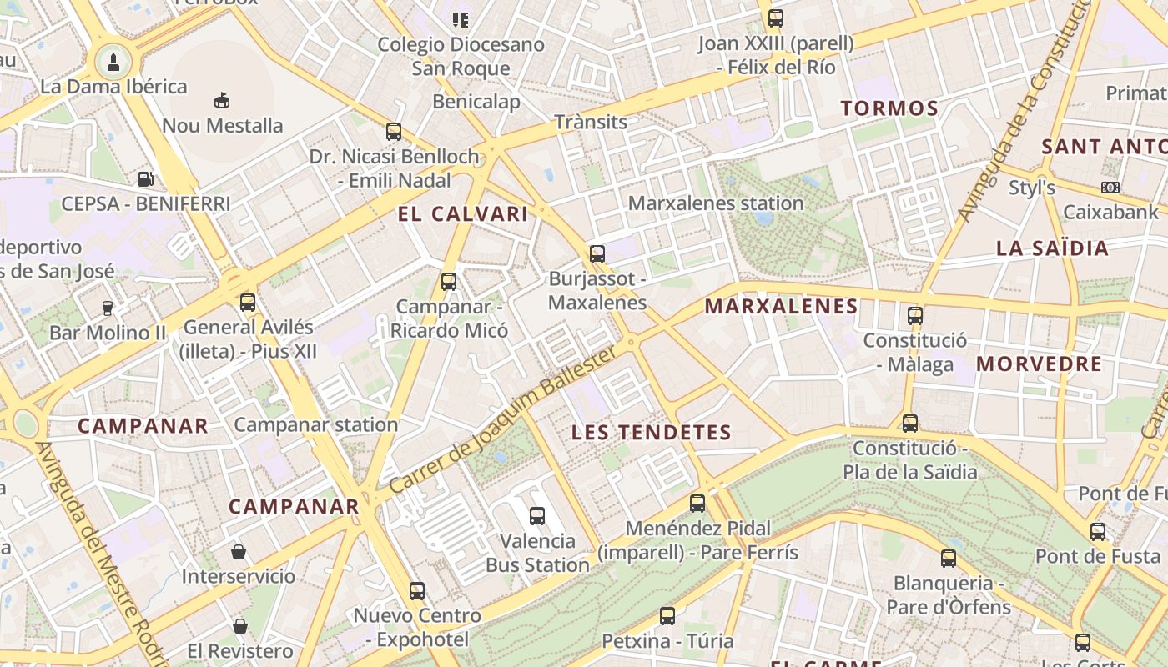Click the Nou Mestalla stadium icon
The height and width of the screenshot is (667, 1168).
click(x=221, y=101)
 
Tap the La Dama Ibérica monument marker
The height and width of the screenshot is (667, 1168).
click(x=112, y=60)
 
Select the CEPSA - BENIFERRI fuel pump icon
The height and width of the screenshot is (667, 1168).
click(x=145, y=178)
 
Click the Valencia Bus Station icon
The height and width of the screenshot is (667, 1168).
click(x=537, y=516)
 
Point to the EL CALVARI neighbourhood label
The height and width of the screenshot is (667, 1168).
click(x=463, y=214)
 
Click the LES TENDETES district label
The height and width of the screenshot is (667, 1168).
click(x=652, y=433)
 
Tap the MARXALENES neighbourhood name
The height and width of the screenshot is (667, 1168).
click(x=781, y=306)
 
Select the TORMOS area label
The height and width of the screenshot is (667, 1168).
click(x=889, y=108)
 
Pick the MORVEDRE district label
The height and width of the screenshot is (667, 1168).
click(x=1039, y=364)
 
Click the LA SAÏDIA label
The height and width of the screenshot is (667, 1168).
click(x=1052, y=248)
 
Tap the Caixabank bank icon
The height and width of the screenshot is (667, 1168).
click(x=1110, y=188)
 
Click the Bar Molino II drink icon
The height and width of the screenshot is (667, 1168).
click(x=107, y=308)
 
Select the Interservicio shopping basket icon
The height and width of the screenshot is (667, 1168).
click(x=239, y=552)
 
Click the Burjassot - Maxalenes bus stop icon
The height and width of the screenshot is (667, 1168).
click(x=597, y=254)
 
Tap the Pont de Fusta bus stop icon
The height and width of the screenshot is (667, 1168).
click(x=1098, y=532)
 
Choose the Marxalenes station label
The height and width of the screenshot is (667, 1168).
click(x=716, y=203)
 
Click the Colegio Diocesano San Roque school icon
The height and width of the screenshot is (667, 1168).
click(x=461, y=19)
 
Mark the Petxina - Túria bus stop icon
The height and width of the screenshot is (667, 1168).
click(x=667, y=616)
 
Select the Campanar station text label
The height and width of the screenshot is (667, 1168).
click(x=315, y=424)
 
